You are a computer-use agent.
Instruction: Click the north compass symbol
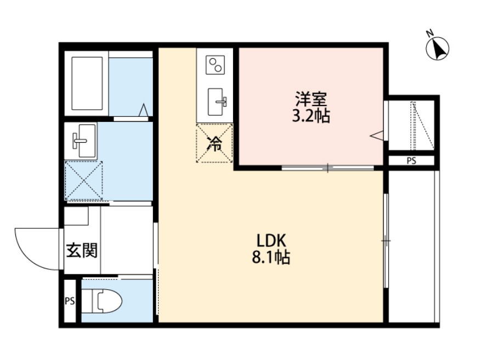click(x=438, y=48)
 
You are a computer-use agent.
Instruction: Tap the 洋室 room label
click(x=311, y=100)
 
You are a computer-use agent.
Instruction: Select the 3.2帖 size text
click(x=311, y=116)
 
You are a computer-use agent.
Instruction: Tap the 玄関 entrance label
click(x=82, y=251)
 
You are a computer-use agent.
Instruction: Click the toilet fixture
click(x=107, y=301)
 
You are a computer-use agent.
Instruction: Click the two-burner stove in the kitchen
click(x=215, y=65)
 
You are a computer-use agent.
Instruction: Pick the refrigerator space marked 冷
click(x=214, y=144)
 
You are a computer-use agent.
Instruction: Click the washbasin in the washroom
click(x=82, y=139)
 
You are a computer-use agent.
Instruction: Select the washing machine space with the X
click(x=84, y=181)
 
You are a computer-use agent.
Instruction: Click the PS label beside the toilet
click(x=70, y=301)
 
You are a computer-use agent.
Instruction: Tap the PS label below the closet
click(x=411, y=161)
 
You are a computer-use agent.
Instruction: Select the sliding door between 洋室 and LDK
click(x=328, y=168)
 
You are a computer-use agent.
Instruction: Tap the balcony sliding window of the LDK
click(x=386, y=240)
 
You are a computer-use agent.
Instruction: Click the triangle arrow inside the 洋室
click(x=377, y=134)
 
